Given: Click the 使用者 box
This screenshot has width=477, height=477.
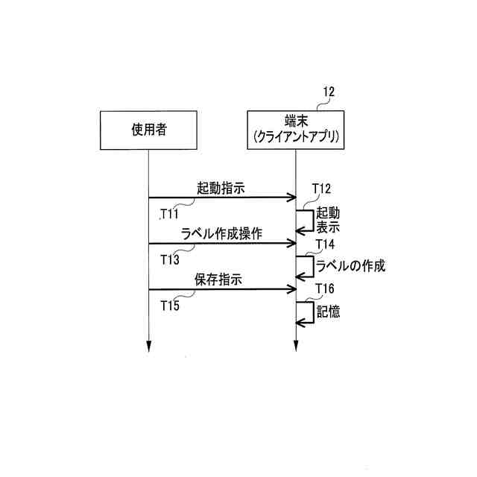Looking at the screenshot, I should pos(148,130).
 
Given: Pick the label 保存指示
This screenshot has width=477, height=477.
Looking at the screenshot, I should pos(220,280).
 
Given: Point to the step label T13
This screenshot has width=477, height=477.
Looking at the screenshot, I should pos(170,260).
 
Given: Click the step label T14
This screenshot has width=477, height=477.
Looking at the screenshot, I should pos(326,244).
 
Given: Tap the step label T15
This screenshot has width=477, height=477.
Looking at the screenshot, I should pos(170,306).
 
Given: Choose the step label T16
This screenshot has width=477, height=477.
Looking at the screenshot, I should pos(326,289).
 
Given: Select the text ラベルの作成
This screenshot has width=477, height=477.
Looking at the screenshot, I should pos(350,266).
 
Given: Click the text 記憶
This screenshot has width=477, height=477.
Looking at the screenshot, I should pos(328,313).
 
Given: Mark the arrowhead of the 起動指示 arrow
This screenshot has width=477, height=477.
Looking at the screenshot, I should pos(291,198).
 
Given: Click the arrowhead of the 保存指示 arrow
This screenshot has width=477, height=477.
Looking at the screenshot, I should pos(291,289).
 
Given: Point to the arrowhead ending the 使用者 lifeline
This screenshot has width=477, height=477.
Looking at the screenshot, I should pos(148,346).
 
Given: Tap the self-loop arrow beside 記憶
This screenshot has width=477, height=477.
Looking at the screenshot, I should pos(306,313).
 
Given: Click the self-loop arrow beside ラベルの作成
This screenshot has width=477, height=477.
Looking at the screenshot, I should pos(306,267).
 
